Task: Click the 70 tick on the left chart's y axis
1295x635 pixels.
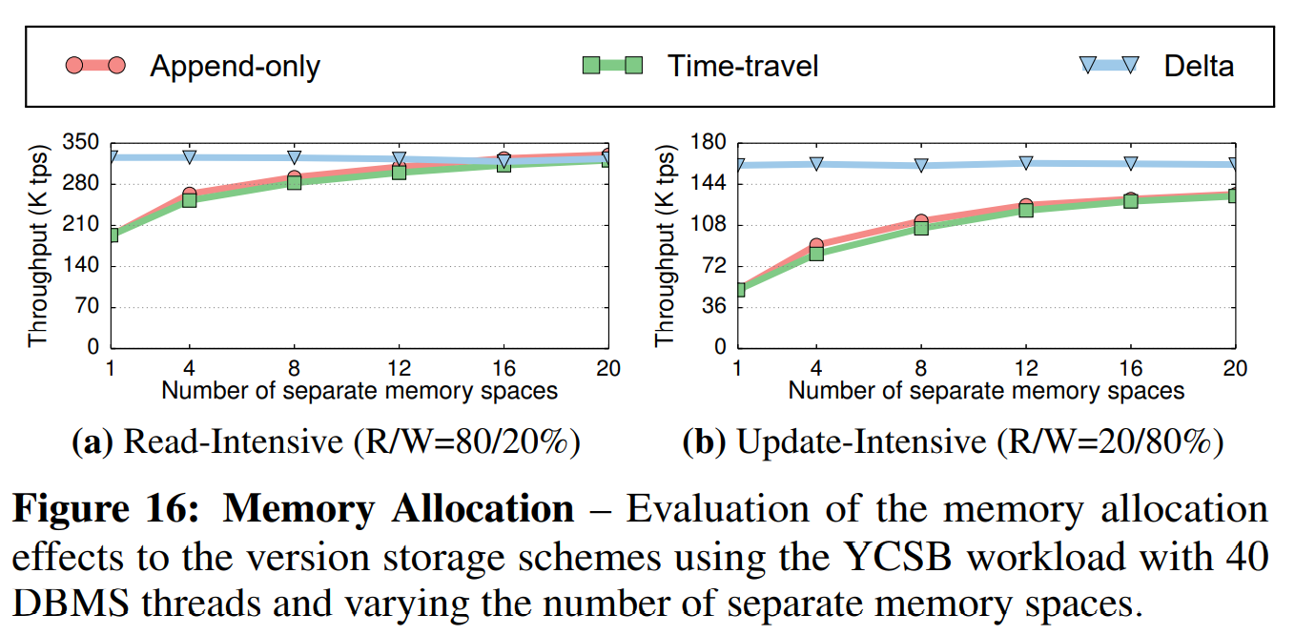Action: point(86,307)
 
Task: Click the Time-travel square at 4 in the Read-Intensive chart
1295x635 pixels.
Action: point(189,200)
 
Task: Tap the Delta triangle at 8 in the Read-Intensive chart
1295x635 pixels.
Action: point(294,157)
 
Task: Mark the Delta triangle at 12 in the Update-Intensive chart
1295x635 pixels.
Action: point(1025,163)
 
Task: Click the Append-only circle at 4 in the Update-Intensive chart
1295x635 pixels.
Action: point(816,246)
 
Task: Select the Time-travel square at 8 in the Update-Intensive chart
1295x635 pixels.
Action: point(921,228)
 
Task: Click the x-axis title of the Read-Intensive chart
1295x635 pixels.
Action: point(360,390)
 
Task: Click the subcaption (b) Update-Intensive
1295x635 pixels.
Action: point(953,442)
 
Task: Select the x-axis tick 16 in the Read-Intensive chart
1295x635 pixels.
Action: point(504,367)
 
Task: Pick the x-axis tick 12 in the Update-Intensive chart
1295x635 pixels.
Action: point(1025,367)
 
